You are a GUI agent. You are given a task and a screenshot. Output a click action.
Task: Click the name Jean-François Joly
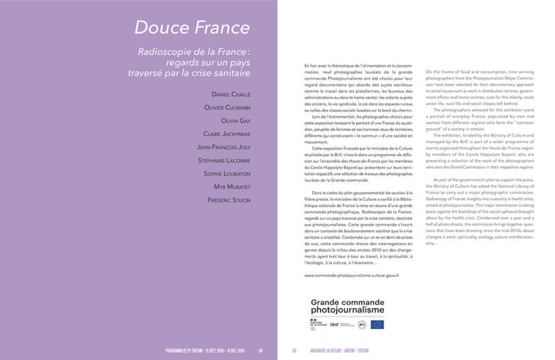(219, 147)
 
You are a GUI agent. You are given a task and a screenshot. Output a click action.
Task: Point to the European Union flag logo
(377, 325)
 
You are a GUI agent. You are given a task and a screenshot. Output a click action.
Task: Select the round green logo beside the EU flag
(361, 325)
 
